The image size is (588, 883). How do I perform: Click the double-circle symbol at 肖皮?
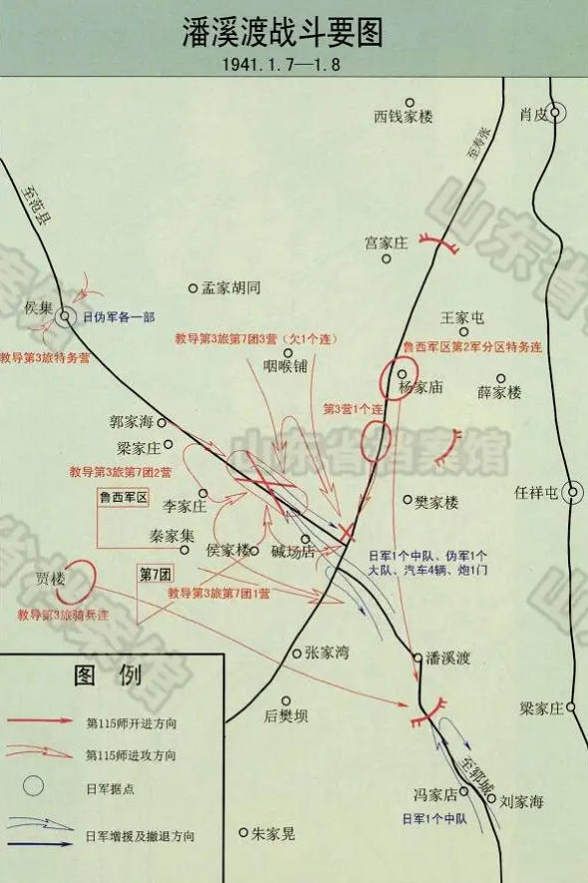(x=558, y=114)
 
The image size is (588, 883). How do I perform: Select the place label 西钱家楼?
(x=404, y=117)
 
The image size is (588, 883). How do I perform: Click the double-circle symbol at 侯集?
(x=65, y=317)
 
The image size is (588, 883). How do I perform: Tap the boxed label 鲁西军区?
(x=122, y=496)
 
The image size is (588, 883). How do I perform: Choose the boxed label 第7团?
(x=155, y=574)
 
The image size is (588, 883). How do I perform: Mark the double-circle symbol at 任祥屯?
(x=574, y=492)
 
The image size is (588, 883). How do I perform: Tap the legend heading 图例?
(x=111, y=675)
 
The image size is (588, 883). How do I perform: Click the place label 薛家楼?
(x=498, y=393)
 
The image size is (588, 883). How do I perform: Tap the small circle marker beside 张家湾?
(x=296, y=654)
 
